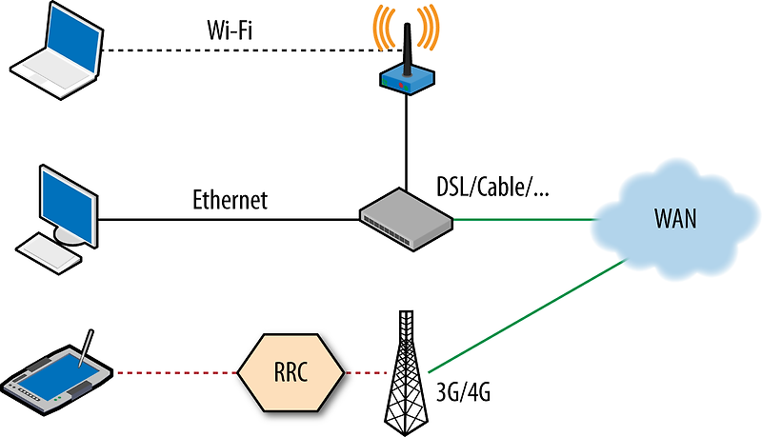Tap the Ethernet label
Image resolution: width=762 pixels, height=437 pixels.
(230, 201)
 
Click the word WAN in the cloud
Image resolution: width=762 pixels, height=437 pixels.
(676, 218)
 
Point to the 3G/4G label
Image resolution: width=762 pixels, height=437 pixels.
(464, 391)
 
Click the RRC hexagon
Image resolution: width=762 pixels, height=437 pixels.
(291, 372)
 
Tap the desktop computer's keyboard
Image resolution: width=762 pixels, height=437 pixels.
(47, 249)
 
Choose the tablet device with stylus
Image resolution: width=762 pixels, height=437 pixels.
(59, 378)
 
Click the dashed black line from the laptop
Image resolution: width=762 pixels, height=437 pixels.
(238, 50)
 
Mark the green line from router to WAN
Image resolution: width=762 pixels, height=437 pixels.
(524, 220)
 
